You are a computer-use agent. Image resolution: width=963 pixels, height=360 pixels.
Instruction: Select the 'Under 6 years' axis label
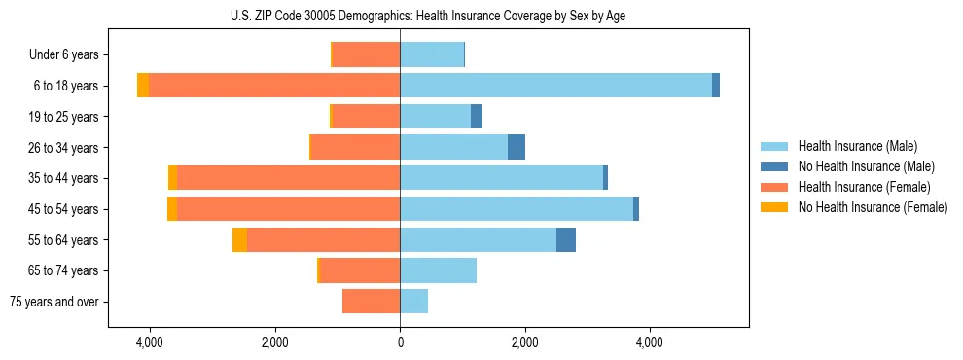[64, 54]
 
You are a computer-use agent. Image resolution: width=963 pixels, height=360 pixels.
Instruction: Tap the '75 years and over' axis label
[54, 302]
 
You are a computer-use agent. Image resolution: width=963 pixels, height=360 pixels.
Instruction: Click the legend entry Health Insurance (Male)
[857, 146]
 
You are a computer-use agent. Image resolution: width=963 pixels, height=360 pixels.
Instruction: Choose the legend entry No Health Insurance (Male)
[866, 166]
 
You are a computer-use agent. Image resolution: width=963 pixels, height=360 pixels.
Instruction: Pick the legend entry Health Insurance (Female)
[864, 187]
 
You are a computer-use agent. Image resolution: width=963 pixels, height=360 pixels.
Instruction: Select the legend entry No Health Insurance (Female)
[873, 207]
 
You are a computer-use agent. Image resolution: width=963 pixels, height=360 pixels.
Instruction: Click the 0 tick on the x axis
[400, 342]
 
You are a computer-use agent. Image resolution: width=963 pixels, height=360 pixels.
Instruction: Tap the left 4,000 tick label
[150, 342]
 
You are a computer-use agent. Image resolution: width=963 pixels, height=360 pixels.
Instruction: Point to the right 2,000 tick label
[524, 342]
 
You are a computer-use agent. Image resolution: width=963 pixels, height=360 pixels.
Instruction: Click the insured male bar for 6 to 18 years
[555, 86]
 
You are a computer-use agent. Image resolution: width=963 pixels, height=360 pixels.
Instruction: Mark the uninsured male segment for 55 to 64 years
[566, 240]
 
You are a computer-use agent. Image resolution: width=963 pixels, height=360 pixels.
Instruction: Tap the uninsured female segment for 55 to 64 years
[239, 240]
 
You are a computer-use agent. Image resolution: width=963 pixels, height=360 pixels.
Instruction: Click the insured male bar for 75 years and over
[413, 302]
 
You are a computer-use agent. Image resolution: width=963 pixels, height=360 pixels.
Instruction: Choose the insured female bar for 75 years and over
[371, 302]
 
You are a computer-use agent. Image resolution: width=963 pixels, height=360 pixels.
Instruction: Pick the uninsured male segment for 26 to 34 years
[517, 147]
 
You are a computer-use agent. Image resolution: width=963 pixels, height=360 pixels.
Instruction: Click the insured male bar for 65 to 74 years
[438, 270]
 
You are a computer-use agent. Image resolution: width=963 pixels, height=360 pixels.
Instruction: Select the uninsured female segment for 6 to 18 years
[143, 86]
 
